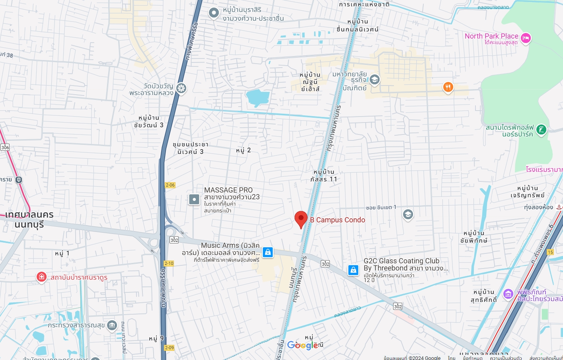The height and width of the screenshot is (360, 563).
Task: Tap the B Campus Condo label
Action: pos(337,220)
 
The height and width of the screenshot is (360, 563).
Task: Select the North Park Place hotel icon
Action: pos(526,38)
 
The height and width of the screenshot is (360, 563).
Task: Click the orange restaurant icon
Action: pos(448,87)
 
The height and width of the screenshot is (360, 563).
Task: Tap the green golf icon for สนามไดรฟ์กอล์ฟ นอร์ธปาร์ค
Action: pos(541,129)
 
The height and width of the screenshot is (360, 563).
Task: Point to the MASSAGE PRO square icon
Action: pos(194,199)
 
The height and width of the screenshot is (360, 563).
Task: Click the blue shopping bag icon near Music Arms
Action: pos(268,252)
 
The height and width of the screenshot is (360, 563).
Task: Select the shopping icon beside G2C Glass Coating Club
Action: pos(353,270)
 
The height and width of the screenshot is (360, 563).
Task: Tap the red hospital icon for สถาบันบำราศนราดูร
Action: pos(41,277)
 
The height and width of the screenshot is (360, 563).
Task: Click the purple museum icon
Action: pos(508,294)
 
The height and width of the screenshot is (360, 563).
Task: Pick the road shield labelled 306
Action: pos(5,147)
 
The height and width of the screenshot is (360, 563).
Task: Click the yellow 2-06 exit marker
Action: pos(170,185)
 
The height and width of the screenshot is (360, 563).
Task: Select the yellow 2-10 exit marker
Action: pos(169,263)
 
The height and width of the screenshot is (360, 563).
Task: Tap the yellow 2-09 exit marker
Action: pos(169,348)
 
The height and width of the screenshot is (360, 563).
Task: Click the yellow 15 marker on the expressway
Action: pos(550,252)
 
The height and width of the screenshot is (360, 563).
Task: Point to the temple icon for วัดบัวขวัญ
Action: pos(181,88)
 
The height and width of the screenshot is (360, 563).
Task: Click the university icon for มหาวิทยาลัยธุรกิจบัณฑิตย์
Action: pos(374,80)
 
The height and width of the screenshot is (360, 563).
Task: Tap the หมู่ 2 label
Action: pos(243,150)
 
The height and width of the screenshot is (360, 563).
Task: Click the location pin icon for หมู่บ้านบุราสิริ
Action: pos(214,13)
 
